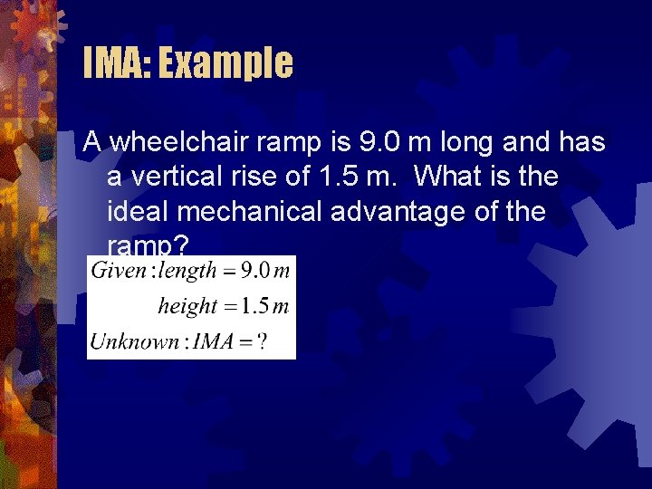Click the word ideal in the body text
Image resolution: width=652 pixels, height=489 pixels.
click(x=133, y=212)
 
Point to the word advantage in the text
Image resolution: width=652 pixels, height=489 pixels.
click(x=428, y=212)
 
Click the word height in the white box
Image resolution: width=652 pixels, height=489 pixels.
click(x=187, y=306)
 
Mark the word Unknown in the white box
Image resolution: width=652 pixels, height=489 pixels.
click(x=134, y=341)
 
